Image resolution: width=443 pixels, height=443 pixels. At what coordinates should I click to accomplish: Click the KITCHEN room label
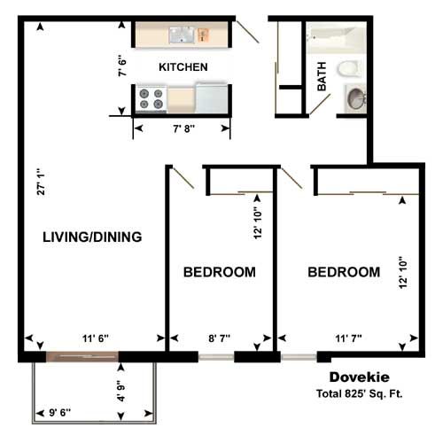pyautogui.click(x=183, y=67)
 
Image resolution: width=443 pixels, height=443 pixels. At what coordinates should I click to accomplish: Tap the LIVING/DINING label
pyautogui.click(x=92, y=237)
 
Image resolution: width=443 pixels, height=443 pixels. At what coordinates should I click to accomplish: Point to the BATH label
pyautogui.click(x=322, y=76)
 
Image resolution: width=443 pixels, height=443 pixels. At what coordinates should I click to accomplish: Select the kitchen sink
pyautogui.click(x=182, y=35)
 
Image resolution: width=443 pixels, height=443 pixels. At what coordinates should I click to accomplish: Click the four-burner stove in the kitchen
pyautogui.click(x=152, y=99)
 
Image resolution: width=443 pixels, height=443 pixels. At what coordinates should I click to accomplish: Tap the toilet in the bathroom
pyautogui.click(x=349, y=68)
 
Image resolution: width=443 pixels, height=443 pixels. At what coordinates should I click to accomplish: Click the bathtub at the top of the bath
pyautogui.click(x=336, y=38)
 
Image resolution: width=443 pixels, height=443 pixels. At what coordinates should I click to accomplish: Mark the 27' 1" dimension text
pyautogui.click(x=41, y=182)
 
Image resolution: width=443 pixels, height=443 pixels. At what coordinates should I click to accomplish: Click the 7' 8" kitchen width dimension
pyautogui.click(x=183, y=128)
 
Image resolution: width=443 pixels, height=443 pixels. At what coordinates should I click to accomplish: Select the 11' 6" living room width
pyautogui.click(x=96, y=338)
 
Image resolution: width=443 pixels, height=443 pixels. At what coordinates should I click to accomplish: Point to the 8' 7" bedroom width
pyautogui.click(x=219, y=338)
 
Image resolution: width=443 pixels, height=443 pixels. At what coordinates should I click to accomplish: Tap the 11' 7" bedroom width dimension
pyautogui.click(x=348, y=338)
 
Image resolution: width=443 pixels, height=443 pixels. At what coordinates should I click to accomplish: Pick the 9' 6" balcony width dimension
pyautogui.click(x=60, y=412)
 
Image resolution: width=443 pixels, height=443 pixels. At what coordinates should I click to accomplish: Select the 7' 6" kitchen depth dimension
pyautogui.click(x=122, y=66)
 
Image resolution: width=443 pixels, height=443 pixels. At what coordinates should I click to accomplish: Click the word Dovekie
pyautogui.click(x=359, y=377)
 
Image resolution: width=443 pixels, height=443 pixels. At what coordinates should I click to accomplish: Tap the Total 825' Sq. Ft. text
pyautogui.click(x=359, y=393)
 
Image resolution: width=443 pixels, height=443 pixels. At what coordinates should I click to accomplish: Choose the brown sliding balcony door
pyautogui.click(x=82, y=357)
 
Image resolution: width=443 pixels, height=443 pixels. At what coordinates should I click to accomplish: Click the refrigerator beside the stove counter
pyautogui.click(x=212, y=97)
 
